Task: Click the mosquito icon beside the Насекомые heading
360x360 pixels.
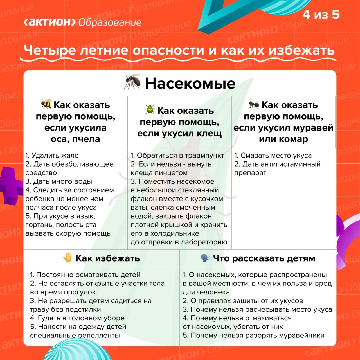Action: pyautogui.click(x=132, y=82)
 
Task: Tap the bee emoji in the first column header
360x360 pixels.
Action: pyautogui.click(x=46, y=104)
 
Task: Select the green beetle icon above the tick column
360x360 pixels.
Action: pyautogui.click(x=150, y=109)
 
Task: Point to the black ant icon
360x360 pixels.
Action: pyautogui.click(x=254, y=104)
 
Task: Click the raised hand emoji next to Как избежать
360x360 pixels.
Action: pyautogui.click(x=67, y=257)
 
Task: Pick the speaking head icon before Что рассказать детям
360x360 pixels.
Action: pyautogui.click(x=205, y=258)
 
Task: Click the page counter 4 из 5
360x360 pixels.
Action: pyautogui.click(x=321, y=14)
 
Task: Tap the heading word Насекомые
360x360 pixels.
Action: pyautogui.click(x=190, y=83)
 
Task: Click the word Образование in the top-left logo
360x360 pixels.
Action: pyautogui.click(x=110, y=22)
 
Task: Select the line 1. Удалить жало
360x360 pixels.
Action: pyautogui.click(x=52, y=155)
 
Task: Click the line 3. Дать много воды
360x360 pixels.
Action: pyautogui.click(x=58, y=181)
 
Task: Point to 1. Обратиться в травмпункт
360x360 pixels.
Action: pyautogui.click(x=177, y=155)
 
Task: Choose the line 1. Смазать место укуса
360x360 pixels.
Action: pyautogui.click(x=273, y=155)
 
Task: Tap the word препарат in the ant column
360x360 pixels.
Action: pyautogui.click(x=250, y=173)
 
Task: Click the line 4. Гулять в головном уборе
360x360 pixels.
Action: pyautogui.click(x=77, y=318)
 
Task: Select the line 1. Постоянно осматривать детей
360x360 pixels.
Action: pyautogui.click(x=85, y=274)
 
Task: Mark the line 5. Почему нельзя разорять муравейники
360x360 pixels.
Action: pyautogui.click(x=253, y=335)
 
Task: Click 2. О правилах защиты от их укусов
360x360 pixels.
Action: pyautogui.click(x=243, y=300)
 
